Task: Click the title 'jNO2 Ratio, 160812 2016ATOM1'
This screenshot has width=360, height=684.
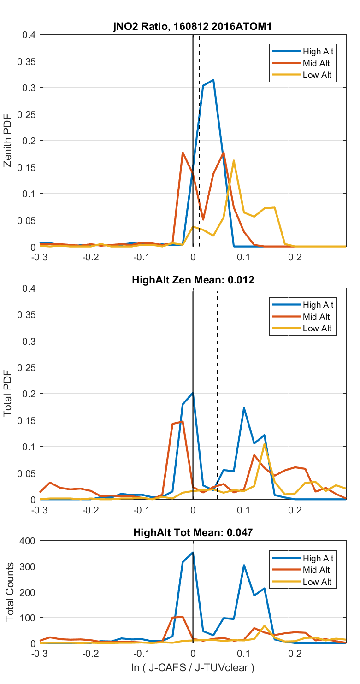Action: [193, 27]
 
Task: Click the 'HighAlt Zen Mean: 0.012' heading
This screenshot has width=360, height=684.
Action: [193, 280]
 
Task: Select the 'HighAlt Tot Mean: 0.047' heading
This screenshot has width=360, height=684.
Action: [193, 532]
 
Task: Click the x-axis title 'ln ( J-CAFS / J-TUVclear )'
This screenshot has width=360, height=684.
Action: [193, 667]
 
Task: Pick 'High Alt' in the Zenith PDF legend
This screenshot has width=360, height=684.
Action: [318, 51]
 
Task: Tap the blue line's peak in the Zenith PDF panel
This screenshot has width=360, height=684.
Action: [213, 80]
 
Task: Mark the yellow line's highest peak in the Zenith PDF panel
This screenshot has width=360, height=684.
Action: [234, 161]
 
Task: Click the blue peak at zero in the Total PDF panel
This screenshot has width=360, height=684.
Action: [193, 393]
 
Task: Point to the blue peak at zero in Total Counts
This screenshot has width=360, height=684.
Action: [193, 552]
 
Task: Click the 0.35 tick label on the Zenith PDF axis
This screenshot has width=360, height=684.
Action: [24, 61]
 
